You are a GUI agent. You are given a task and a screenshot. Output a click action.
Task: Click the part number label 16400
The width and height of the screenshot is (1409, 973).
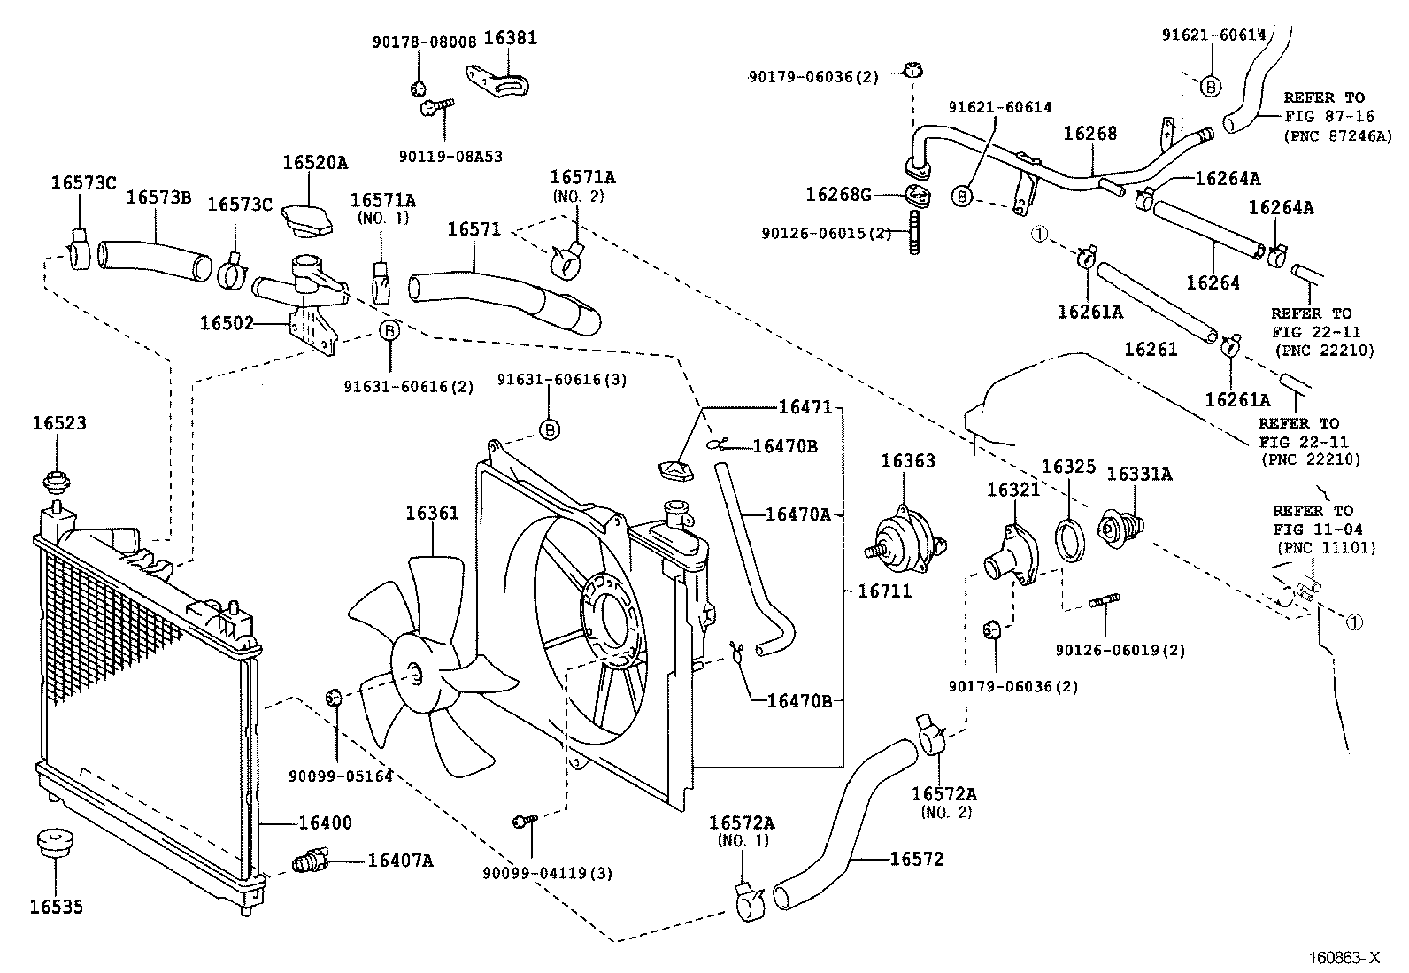click(x=324, y=823)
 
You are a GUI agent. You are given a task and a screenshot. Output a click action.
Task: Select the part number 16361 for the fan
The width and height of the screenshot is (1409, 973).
click(x=432, y=513)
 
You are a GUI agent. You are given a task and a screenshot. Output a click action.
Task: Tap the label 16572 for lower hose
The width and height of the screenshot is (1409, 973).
click(x=916, y=859)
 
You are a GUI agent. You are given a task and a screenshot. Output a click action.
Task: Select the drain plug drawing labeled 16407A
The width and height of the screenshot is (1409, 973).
click(x=309, y=860)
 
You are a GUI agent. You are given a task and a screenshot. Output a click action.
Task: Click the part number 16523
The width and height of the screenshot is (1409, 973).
click(x=59, y=423)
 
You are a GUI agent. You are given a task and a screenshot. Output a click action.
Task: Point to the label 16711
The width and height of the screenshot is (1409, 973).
click(x=884, y=591)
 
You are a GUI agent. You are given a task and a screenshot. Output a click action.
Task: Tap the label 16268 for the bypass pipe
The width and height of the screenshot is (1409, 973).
click(x=1089, y=134)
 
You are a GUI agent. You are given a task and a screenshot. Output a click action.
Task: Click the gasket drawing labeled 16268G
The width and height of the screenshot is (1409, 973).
click(x=919, y=195)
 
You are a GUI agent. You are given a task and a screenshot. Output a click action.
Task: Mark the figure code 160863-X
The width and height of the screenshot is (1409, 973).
click(x=1344, y=957)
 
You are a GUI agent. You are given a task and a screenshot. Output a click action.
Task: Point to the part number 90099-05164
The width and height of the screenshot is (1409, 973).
click(x=340, y=776)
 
